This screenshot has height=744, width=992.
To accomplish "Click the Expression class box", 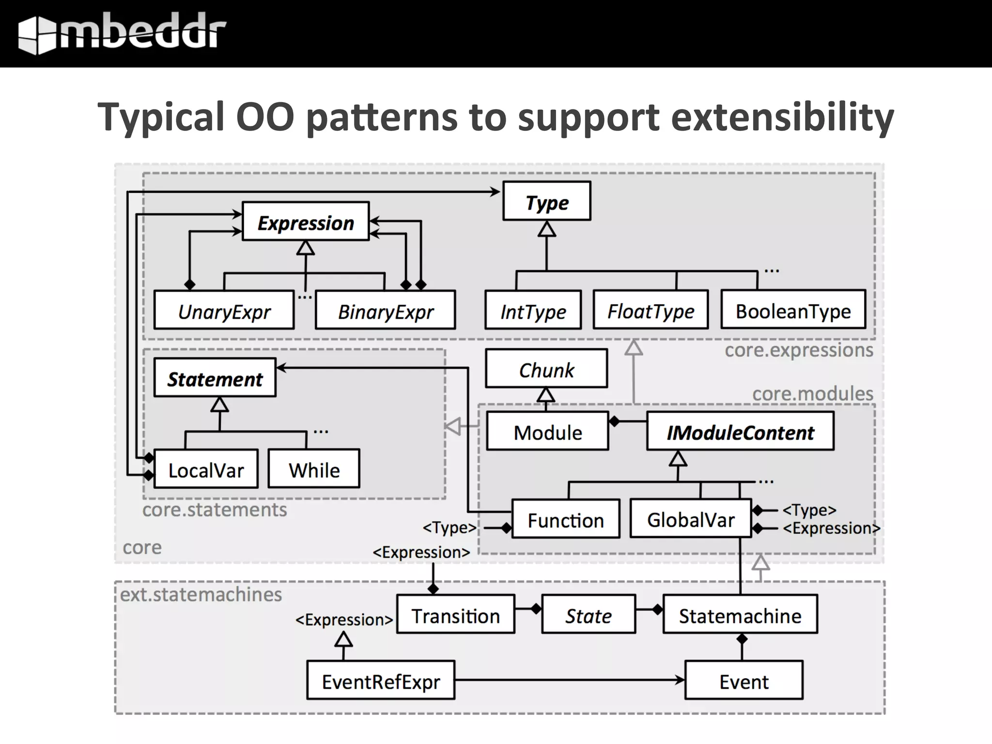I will click(x=306, y=221).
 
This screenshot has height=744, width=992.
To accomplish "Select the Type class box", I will click(x=546, y=201).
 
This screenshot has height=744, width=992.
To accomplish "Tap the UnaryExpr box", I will click(x=224, y=310).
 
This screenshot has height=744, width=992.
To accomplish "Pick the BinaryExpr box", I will click(x=385, y=310).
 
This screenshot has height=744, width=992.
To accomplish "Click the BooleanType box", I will click(x=793, y=310).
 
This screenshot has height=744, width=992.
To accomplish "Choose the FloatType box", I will click(x=651, y=310).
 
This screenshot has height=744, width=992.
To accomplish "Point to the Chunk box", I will click(x=546, y=369).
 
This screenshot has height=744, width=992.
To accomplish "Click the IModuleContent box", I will click(x=740, y=431).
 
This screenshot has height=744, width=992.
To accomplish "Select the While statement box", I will click(x=314, y=469).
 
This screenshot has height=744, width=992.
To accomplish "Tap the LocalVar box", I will click(x=206, y=469).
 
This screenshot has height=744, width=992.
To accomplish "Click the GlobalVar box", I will click(x=691, y=519).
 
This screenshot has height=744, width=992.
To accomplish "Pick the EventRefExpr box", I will click(x=381, y=680).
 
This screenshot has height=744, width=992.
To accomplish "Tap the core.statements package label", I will click(x=215, y=510).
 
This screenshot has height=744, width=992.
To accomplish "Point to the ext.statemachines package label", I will click(x=201, y=594).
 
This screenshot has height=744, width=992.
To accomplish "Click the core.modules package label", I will click(x=812, y=393).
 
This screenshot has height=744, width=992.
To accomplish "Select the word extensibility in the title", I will click(x=782, y=117).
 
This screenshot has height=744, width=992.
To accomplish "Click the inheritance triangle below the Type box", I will click(x=547, y=229).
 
